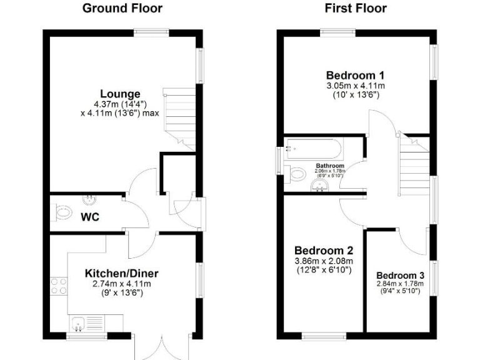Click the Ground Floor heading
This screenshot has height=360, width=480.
122,8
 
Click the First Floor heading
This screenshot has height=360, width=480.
356,8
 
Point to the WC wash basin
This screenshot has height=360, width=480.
91,199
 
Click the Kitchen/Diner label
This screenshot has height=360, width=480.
122,273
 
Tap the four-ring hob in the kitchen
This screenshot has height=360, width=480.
59,286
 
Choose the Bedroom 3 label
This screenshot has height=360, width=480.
400,276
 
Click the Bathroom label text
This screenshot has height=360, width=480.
329,166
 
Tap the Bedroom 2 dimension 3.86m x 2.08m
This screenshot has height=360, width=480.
324,261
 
